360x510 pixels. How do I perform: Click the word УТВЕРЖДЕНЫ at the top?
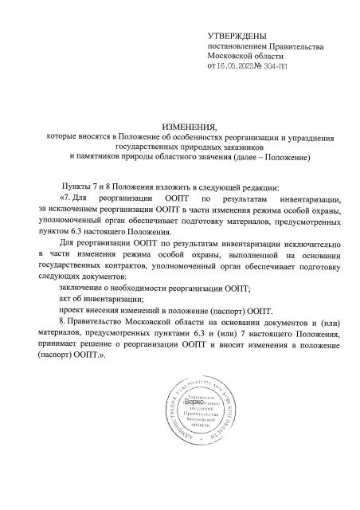(236, 37)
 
